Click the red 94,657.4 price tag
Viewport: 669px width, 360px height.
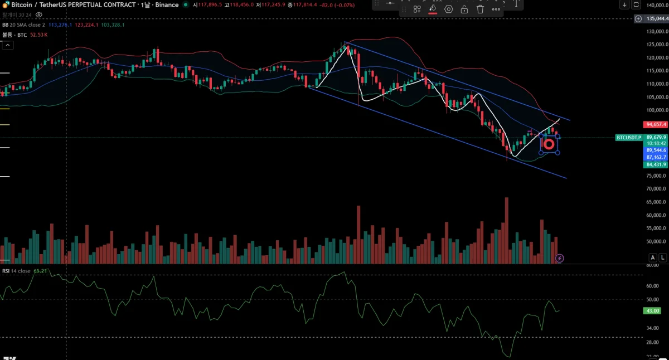click(656, 124)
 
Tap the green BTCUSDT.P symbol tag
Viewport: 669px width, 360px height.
click(629, 137)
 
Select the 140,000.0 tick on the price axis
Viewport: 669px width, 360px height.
click(657, 5)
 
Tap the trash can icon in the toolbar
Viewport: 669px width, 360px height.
click(480, 9)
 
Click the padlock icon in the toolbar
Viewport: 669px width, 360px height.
click(464, 9)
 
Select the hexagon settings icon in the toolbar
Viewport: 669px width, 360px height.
click(449, 9)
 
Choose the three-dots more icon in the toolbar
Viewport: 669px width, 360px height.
click(496, 9)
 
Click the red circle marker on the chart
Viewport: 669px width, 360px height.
click(549, 144)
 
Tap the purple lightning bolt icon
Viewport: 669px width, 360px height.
click(560, 258)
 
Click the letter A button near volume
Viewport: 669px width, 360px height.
click(652, 257)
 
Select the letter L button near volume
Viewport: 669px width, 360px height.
click(662, 257)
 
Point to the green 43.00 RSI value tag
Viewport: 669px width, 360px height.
click(651, 310)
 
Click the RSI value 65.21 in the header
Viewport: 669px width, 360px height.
click(40, 271)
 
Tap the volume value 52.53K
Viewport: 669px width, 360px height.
click(38, 35)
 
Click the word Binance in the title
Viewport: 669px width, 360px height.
click(167, 5)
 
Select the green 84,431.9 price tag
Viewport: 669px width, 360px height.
click(656, 164)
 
